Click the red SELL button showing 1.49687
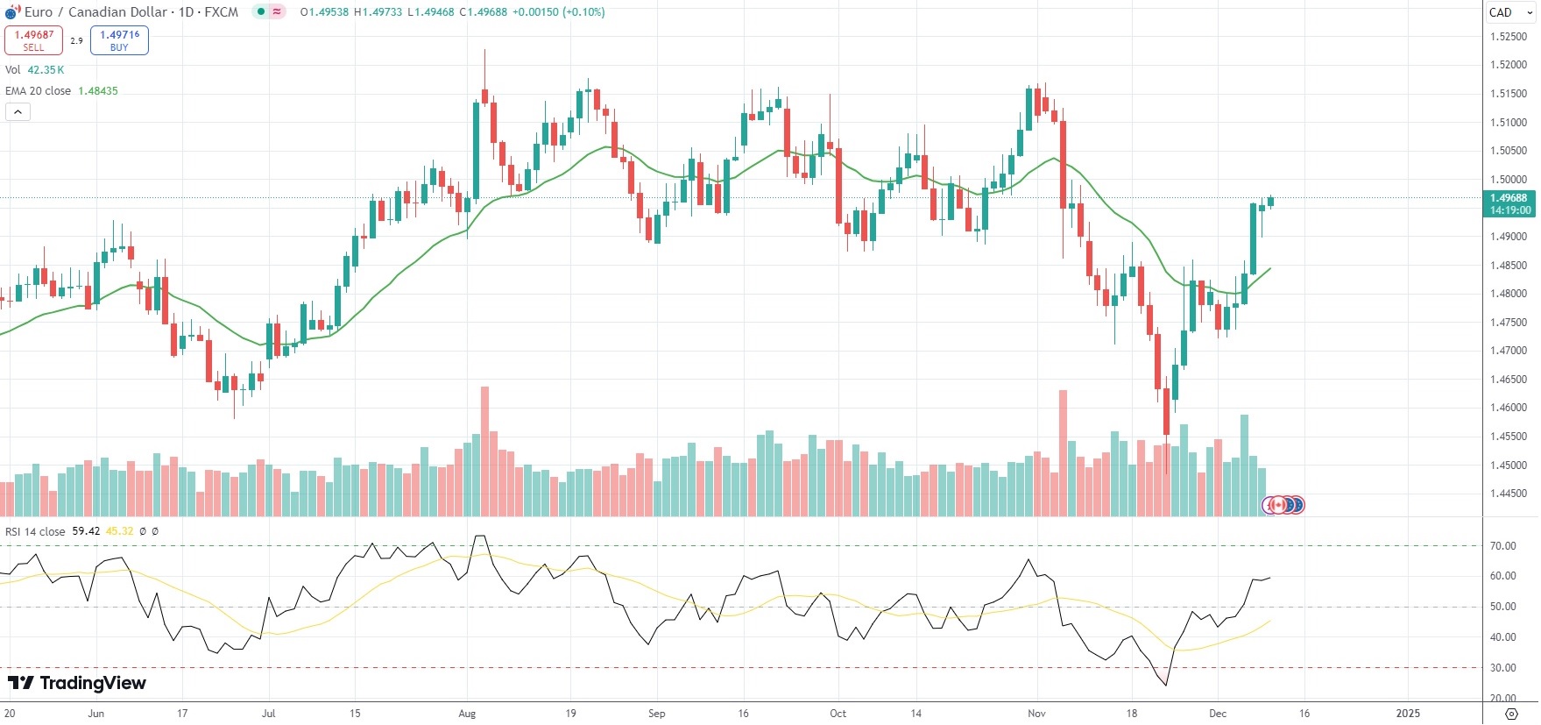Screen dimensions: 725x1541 [33, 40]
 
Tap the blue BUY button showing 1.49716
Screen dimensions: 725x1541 [119, 40]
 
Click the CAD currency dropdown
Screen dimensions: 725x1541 [1510, 12]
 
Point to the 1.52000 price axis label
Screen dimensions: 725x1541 [1508, 65]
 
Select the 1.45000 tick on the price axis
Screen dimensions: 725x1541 [1508, 466]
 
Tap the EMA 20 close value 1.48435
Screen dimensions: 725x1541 [98, 91]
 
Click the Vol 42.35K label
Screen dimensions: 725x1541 [35, 70]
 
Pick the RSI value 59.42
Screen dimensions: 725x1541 [86, 531]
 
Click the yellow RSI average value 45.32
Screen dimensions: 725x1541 [120, 531]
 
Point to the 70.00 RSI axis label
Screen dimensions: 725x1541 [1502, 546]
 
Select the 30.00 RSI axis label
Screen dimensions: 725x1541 [1502, 668]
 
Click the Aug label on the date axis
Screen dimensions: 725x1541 [467, 714]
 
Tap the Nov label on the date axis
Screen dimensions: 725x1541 [1036, 714]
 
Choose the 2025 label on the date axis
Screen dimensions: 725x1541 [1408, 714]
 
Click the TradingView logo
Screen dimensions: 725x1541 [77, 683]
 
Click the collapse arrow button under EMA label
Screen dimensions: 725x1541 [18, 111]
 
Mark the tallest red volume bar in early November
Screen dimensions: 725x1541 [1063, 452]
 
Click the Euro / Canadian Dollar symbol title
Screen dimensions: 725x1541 [95, 12]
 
